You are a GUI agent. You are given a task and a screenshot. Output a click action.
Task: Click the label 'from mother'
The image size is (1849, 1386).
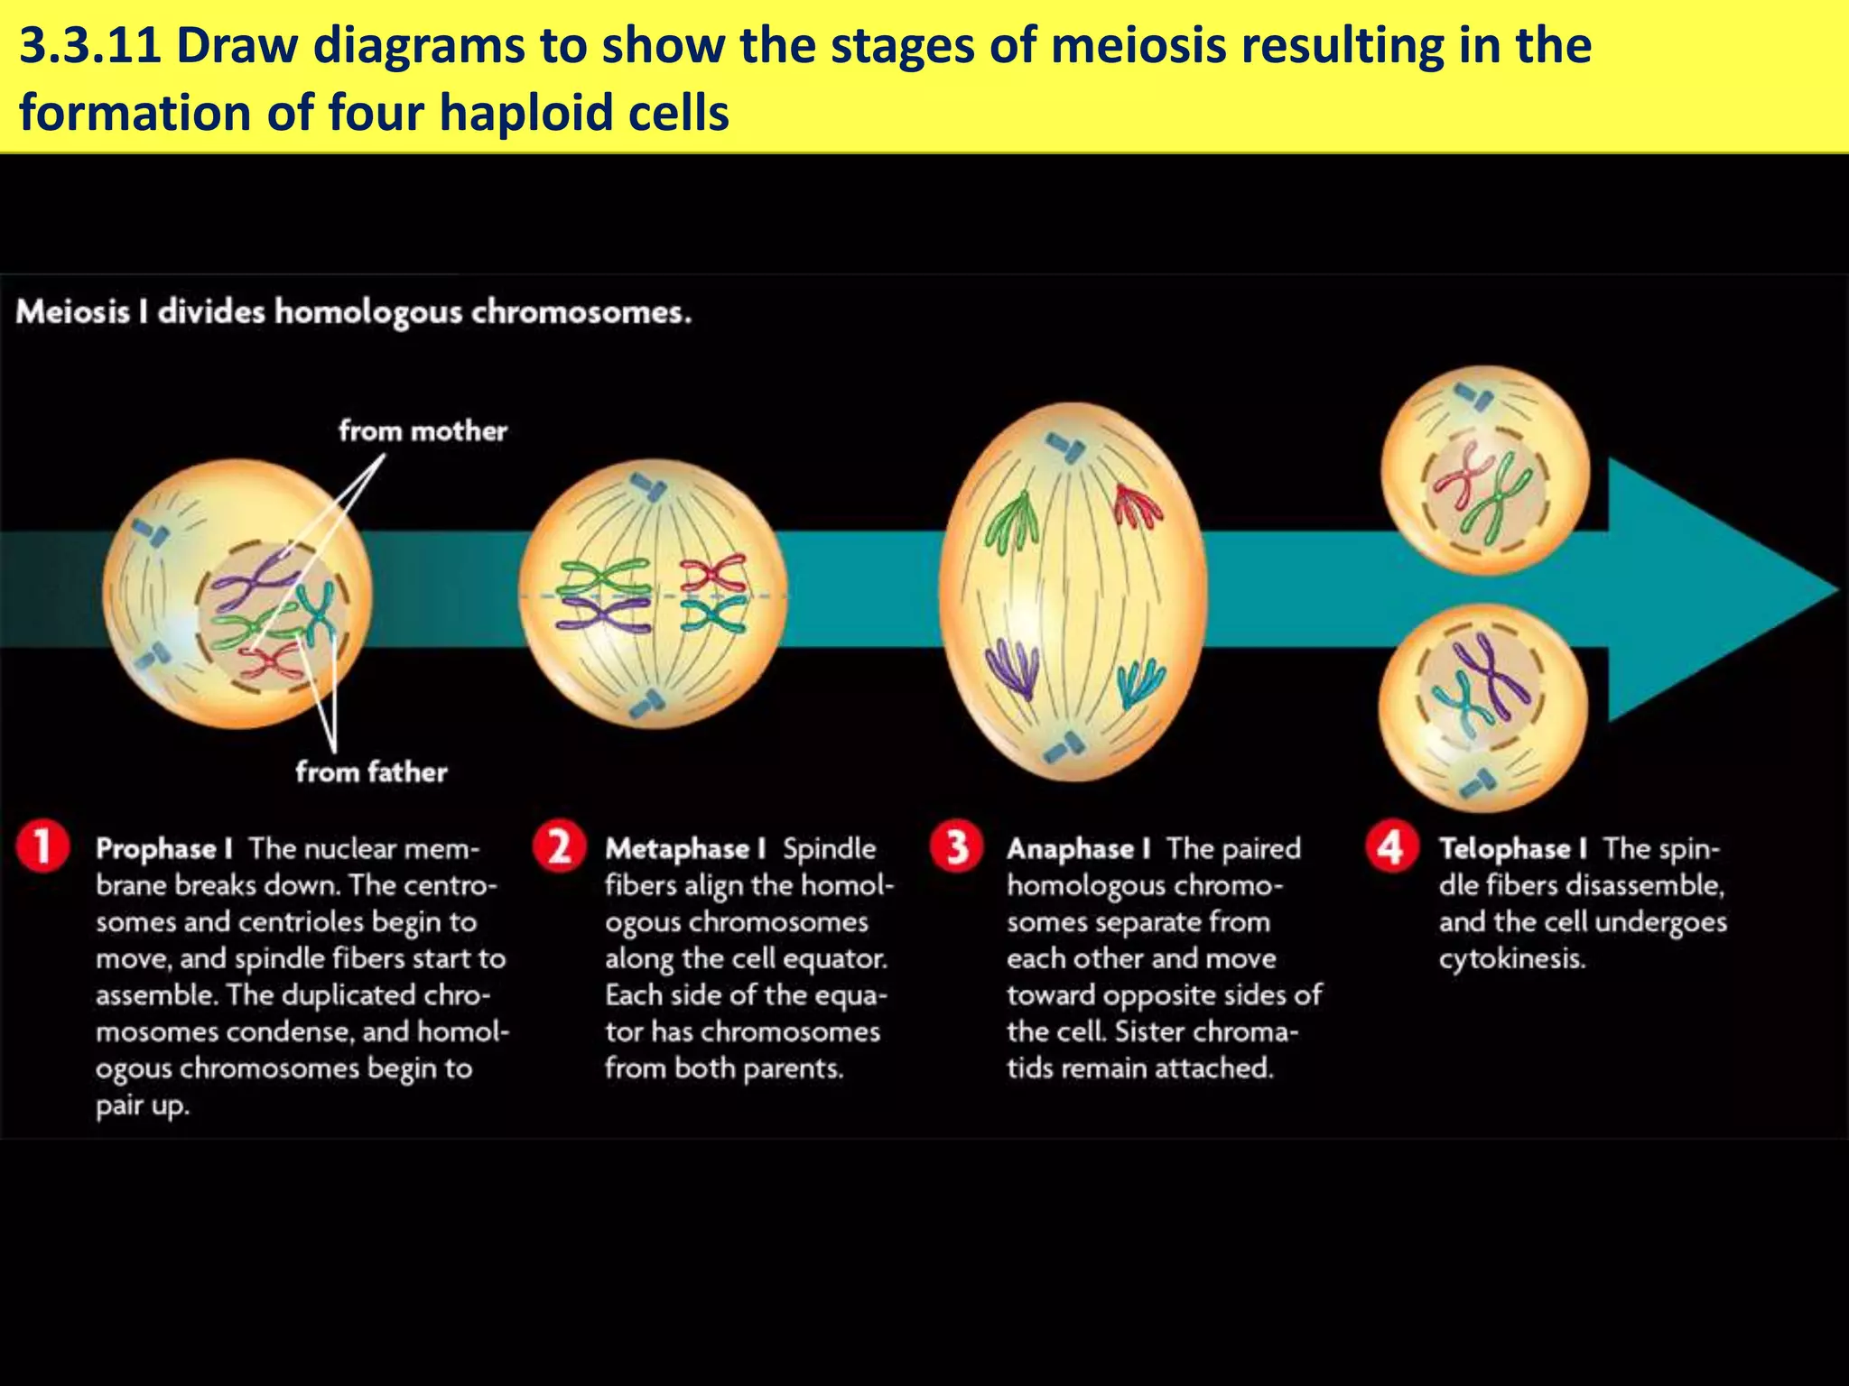pos(423,431)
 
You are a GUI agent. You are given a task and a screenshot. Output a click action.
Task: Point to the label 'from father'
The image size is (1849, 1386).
pos(371,772)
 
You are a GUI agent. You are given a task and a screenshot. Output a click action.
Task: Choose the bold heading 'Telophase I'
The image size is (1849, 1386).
pos(1513,849)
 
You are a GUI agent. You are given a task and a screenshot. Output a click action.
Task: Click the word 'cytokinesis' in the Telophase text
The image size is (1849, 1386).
pos(1511,958)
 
